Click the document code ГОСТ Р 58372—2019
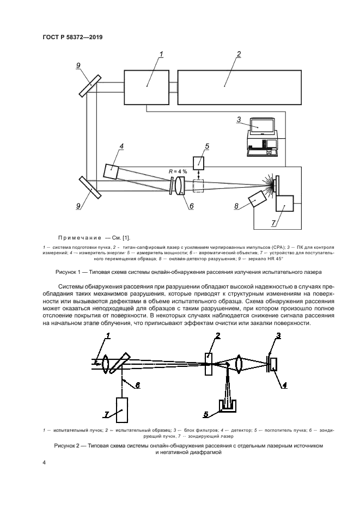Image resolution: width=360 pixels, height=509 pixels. click(73, 37)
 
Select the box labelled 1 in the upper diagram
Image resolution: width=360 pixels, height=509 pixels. click(147, 87)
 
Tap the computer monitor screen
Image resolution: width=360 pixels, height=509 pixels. click(262, 125)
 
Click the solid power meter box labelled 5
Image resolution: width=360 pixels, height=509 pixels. click(199, 163)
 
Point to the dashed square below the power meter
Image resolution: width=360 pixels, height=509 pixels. click(199, 186)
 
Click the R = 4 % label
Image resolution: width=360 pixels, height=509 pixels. click(178, 171)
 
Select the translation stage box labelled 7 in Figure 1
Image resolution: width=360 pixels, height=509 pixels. click(285, 205)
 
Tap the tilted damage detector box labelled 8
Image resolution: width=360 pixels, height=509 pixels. click(256, 199)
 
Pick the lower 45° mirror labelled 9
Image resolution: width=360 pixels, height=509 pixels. click(90, 187)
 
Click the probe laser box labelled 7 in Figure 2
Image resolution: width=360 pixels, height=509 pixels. click(122, 410)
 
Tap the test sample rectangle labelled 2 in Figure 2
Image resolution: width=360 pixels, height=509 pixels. click(209, 364)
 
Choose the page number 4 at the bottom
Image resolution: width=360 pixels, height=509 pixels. click(44, 462)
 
